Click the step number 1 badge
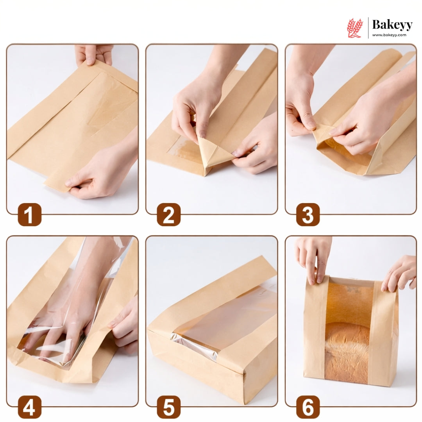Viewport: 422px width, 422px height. [x=30, y=215]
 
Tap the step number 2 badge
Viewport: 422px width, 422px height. [x=169, y=215]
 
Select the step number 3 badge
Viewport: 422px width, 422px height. [x=308, y=215]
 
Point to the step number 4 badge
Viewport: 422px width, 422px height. [x=30, y=407]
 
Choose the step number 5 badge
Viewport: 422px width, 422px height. [x=169, y=407]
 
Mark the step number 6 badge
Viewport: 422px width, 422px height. [x=308, y=407]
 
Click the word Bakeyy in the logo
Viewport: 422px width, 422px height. [x=392, y=25]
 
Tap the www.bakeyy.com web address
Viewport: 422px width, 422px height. [x=389, y=35]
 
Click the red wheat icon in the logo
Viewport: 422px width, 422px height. [x=355, y=28]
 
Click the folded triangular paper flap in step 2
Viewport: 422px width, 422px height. [x=213, y=154]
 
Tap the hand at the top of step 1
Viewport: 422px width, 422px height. [x=94, y=55]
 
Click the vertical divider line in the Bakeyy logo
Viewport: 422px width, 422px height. [x=368, y=28]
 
